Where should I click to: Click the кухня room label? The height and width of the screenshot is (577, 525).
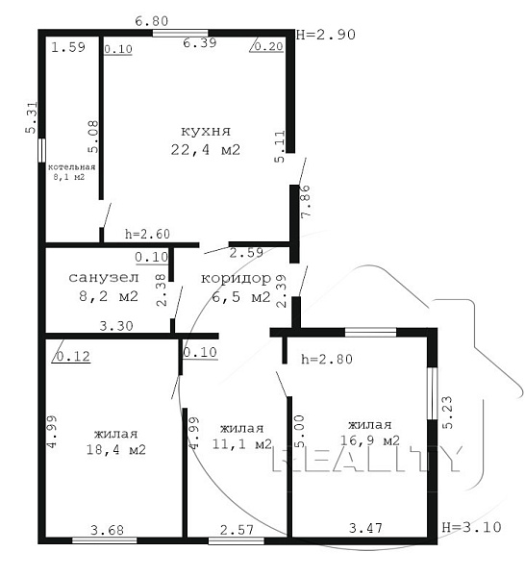point(206,132)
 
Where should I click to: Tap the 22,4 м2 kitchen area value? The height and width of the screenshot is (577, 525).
point(206,150)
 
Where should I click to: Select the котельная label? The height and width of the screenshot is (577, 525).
point(72,167)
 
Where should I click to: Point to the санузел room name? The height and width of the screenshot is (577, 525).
point(104,278)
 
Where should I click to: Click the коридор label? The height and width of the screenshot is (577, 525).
point(236,279)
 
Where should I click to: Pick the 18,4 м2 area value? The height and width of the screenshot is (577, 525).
point(116,449)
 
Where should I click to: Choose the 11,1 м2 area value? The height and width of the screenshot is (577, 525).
point(241,443)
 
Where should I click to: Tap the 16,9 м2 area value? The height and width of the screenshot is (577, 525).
point(370,440)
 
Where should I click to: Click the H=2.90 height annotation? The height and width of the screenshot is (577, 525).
point(326,35)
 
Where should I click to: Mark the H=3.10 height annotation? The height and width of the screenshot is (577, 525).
point(471,527)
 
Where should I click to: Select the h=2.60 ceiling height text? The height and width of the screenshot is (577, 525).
point(147,234)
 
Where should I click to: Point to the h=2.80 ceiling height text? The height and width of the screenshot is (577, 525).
point(327,359)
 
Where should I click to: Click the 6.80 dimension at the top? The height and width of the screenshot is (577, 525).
point(152,21)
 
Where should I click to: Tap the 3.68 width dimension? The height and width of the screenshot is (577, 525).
point(107,530)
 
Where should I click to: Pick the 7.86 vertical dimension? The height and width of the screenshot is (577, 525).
point(306,202)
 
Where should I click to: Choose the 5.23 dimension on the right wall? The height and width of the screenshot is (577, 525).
point(447,413)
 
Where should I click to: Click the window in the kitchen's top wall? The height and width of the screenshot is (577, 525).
point(180,34)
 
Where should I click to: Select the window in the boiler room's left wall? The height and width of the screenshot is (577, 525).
point(42,150)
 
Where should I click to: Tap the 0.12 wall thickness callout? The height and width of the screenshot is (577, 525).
point(73,356)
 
